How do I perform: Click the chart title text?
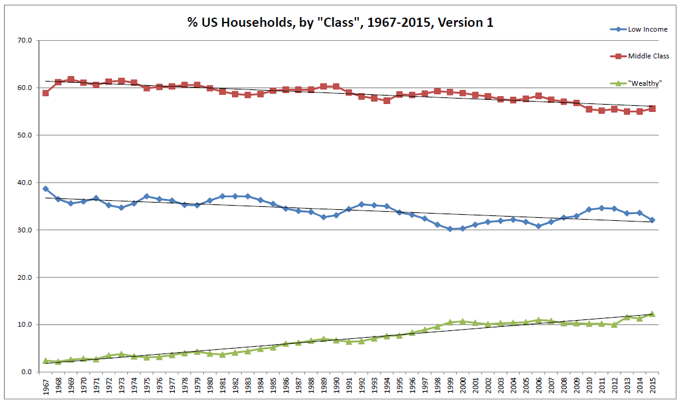[x=340, y=23]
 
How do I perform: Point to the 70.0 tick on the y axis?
[x=26, y=41]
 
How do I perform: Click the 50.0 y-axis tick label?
[x=26, y=135]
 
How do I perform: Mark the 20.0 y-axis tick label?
[x=26, y=277]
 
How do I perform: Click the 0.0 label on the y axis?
[x=27, y=372]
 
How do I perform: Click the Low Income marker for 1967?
[x=46, y=189]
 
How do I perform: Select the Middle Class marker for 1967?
[x=46, y=93]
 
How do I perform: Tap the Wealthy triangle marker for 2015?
[x=652, y=313]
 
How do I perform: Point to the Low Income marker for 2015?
[x=652, y=220]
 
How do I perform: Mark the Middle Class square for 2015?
[x=652, y=108]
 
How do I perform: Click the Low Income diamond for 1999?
[x=450, y=229]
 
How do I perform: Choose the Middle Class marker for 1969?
[x=71, y=79]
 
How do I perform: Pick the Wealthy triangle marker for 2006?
[x=538, y=319]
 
